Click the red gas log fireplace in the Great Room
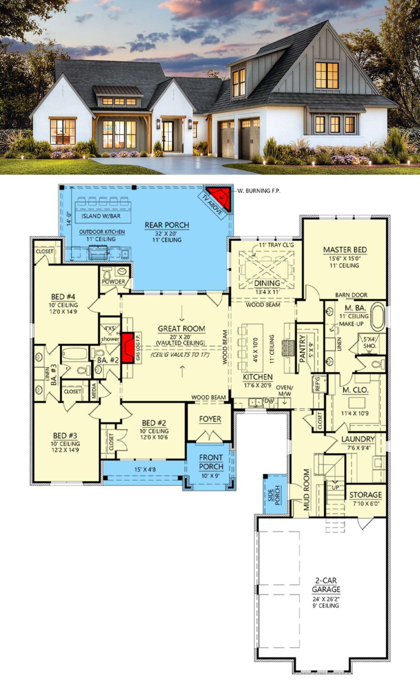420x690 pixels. (x=128, y=348)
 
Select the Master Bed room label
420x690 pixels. (x=345, y=250)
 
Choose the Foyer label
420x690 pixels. (x=210, y=419)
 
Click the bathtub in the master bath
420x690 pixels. (x=378, y=318)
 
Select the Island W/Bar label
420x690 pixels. (x=101, y=216)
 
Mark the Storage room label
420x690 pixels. (x=365, y=495)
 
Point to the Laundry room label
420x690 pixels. (x=358, y=439)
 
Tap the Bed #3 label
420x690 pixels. (x=65, y=436)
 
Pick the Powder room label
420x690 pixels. (x=113, y=281)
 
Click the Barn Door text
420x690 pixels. (x=351, y=295)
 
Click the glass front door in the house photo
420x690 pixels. (x=168, y=137)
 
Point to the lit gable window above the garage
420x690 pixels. (x=327, y=75)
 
